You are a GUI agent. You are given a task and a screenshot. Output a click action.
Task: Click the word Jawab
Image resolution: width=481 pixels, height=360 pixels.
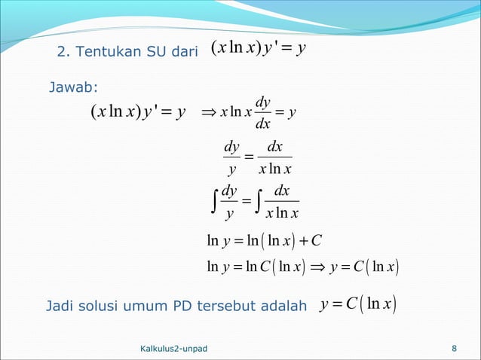coord(69,90)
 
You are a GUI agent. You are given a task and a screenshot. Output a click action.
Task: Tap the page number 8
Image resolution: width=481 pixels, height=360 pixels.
coord(454,348)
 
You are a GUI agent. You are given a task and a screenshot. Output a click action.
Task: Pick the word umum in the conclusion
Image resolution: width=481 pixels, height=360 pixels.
coord(146,307)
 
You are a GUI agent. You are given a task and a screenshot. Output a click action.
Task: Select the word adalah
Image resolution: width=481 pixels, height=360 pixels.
coord(280,307)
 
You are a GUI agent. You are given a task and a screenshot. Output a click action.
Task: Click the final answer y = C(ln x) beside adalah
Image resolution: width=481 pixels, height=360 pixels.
coord(359,305)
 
